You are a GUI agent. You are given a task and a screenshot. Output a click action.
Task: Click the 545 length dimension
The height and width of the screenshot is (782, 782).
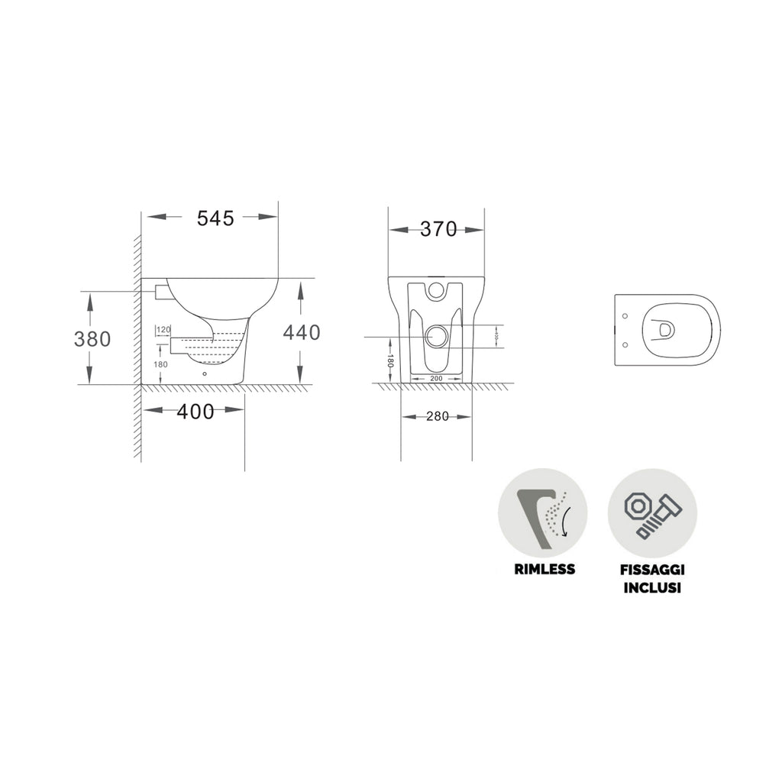[215, 218]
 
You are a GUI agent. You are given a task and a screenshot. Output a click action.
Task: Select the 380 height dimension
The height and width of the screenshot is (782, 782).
[92, 338]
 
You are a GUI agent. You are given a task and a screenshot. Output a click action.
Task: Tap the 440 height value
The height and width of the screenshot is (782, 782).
[302, 332]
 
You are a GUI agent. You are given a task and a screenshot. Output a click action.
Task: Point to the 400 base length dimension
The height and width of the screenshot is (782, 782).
[195, 412]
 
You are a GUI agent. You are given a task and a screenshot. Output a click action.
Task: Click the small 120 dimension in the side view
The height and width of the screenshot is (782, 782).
[163, 330]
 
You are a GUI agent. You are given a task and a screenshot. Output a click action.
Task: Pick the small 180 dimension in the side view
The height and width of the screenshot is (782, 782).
[161, 364]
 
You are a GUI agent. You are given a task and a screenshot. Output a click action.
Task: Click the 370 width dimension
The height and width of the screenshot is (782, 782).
[438, 229]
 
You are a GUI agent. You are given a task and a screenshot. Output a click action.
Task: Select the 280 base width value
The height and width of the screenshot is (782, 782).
[438, 416]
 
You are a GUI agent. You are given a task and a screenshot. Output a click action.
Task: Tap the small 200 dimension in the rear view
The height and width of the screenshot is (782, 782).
[436, 378]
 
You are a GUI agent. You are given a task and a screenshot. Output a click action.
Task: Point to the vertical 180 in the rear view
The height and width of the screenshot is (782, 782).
[389, 361]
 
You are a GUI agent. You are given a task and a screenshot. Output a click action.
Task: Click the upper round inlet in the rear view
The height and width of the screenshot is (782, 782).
[436, 289]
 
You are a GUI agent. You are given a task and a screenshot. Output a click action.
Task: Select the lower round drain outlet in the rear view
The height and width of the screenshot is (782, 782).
[436, 336]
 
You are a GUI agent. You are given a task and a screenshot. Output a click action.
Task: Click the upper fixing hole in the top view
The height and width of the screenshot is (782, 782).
[625, 315]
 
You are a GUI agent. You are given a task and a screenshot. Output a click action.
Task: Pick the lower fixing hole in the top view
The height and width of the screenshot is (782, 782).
[625, 344]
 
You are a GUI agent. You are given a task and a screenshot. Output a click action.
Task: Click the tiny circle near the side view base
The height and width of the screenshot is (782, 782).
[205, 374]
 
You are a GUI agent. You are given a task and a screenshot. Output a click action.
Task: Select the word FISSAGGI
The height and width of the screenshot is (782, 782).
[651, 569]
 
